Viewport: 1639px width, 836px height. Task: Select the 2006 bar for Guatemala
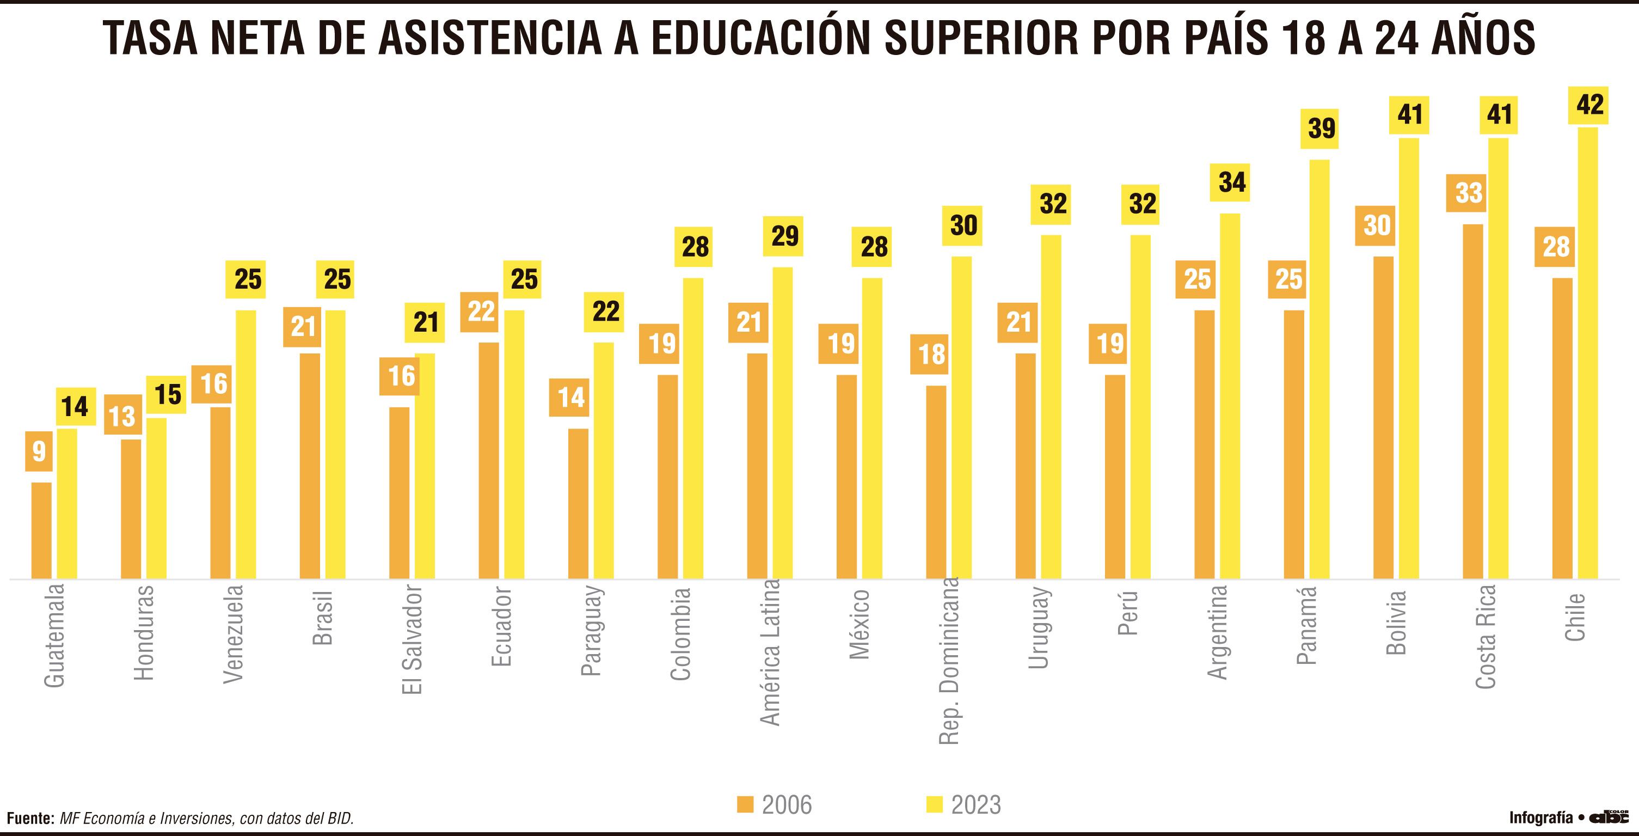[41, 531]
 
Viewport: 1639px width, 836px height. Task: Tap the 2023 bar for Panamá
[1320, 369]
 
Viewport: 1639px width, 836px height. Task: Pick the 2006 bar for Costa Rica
[1472, 402]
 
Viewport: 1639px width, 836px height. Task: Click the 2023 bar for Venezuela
[246, 444]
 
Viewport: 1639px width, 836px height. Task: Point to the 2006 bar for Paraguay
[578, 504]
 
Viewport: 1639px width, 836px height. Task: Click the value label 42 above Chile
[1589, 105]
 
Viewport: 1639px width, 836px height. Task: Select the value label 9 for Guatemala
[39, 451]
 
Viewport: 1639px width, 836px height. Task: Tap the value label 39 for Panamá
[1321, 129]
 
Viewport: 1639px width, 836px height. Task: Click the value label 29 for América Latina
[784, 236]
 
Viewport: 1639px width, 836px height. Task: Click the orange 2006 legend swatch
[745, 804]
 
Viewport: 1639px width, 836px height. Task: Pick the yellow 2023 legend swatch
[934, 804]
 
